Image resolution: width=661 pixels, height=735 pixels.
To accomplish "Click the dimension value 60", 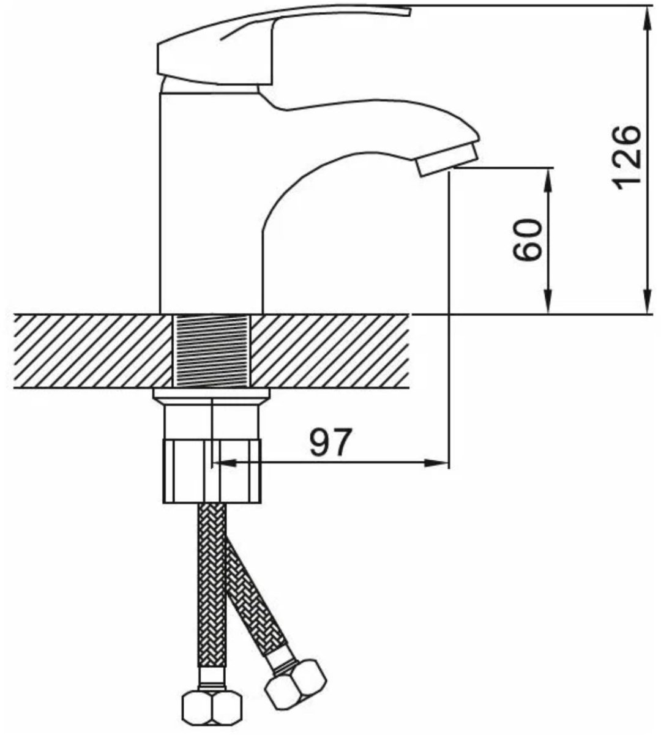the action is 527,240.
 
